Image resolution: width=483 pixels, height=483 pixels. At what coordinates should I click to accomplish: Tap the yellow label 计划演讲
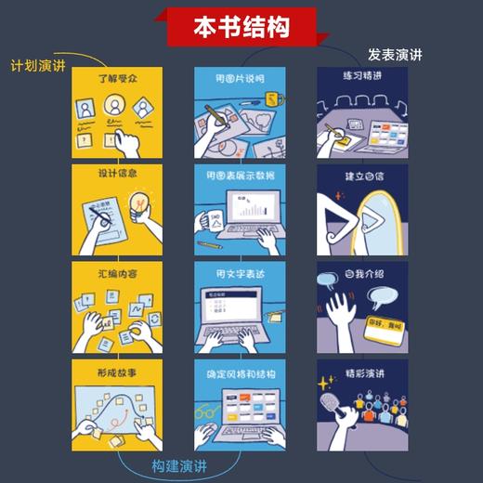point(36,67)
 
